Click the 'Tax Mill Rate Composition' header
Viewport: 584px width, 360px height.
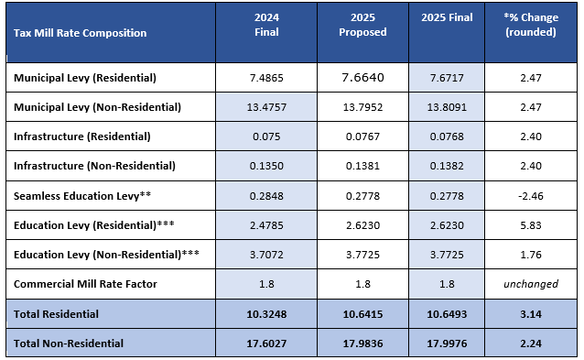(80, 33)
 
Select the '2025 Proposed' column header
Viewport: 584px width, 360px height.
(362, 25)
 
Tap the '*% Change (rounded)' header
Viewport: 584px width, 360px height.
(531, 25)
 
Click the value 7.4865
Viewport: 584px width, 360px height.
(266, 78)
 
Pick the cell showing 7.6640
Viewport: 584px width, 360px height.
(362, 78)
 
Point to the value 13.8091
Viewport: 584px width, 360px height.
(447, 107)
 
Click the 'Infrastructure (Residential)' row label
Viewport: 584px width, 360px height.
(82, 136)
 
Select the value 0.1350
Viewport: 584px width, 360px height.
(266, 166)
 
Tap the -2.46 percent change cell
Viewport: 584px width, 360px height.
(531, 196)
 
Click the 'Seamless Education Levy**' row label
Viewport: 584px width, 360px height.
(82, 196)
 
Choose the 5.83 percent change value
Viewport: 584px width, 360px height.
(531, 225)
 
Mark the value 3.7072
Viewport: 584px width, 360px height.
(266, 255)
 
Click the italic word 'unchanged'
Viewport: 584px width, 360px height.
(531, 284)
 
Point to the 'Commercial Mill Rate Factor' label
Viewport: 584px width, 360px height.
(85, 284)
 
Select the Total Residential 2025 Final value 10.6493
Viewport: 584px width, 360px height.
(447, 314)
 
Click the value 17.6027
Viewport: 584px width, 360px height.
(266, 344)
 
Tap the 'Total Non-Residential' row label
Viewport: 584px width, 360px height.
(69, 344)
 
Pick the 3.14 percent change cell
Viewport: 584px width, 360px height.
(531, 314)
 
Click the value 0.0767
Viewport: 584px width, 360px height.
(362, 136)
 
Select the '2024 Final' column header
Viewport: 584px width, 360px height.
(266, 25)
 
